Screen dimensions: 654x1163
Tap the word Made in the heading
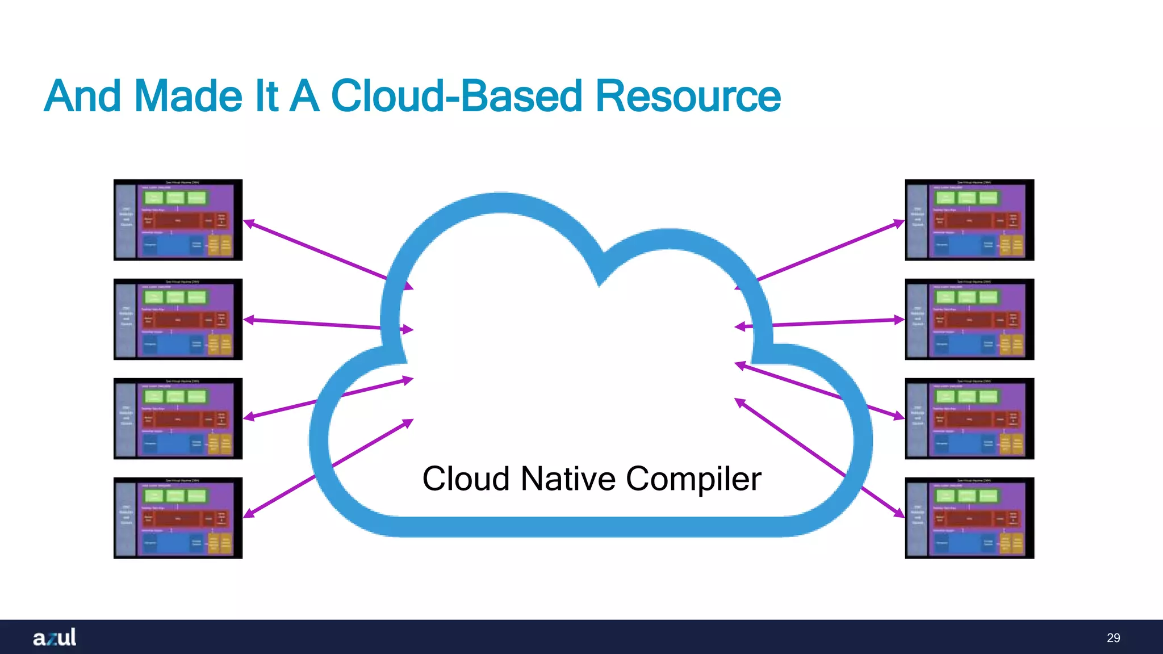[189, 97]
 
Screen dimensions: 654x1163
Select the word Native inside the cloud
[568, 479]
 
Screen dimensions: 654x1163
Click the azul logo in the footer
[55, 638]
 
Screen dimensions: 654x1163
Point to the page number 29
[1113, 638]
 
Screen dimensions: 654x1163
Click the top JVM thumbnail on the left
[178, 220]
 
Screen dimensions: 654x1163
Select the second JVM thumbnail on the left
[178, 320]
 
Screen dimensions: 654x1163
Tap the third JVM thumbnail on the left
[178, 419]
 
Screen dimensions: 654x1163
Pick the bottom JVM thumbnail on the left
[178, 518]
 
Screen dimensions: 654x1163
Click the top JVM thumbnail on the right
[969, 220]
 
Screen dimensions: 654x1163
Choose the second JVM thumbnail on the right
[969, 320]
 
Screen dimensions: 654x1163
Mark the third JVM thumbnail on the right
[969, 419]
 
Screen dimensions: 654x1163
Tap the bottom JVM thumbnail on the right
[969, 518]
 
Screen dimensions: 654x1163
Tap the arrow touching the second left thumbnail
[318, 324]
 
